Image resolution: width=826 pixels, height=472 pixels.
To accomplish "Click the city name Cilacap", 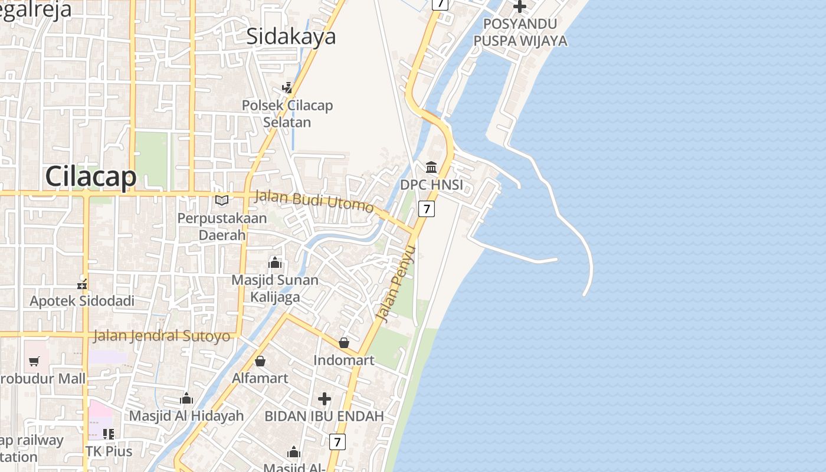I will [x=91, y=176].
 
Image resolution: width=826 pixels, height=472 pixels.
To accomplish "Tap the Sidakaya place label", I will [x=291, y=37].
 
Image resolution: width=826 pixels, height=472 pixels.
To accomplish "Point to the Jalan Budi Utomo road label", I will [x=314, y=201].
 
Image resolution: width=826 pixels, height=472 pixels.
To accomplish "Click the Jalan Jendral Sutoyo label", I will [x=162, y=336].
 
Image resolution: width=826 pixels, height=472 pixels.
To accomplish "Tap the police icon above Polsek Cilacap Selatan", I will [x=287, y=88].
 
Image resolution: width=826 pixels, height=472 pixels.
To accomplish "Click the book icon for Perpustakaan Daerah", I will [x=222, y=201].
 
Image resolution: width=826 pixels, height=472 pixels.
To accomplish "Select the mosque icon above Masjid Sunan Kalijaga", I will [x=275, y=263].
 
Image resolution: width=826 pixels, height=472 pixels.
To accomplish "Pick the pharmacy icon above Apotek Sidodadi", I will [x=82, y=284].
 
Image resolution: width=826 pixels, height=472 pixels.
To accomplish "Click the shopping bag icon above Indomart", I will [x=344, y=343].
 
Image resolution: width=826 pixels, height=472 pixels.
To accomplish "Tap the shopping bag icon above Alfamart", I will [x=260, y=360].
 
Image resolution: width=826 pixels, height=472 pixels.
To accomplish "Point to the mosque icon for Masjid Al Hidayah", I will [x=186, y=398].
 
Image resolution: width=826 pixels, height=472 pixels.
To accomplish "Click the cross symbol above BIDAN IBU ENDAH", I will [x=324, y=399].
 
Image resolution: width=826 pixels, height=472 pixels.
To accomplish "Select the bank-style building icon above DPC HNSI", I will [x=431, y=167].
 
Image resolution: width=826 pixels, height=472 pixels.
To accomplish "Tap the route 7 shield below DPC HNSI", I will [x=427, y=208].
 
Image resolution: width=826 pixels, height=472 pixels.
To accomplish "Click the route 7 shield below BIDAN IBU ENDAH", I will [x=337, y=441].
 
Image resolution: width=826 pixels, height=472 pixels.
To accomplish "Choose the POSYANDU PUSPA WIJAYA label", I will [x=520, y=32].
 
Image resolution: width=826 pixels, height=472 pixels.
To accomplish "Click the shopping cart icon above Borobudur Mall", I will [x=34, y=361].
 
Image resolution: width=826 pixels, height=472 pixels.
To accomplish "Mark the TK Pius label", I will [x=109, y=451].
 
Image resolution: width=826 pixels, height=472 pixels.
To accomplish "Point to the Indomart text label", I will [x=344, y=360].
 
